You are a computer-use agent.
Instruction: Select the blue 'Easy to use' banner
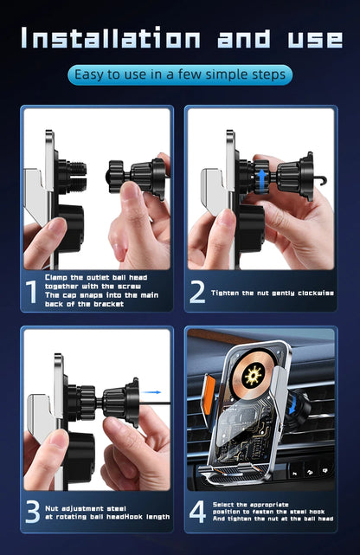pyautogui.click(x=180, y=75)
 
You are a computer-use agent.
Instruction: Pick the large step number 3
pyautogui.click(x=31, y=512)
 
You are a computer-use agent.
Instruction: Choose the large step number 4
pyautogui.click(x=197, y=512)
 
